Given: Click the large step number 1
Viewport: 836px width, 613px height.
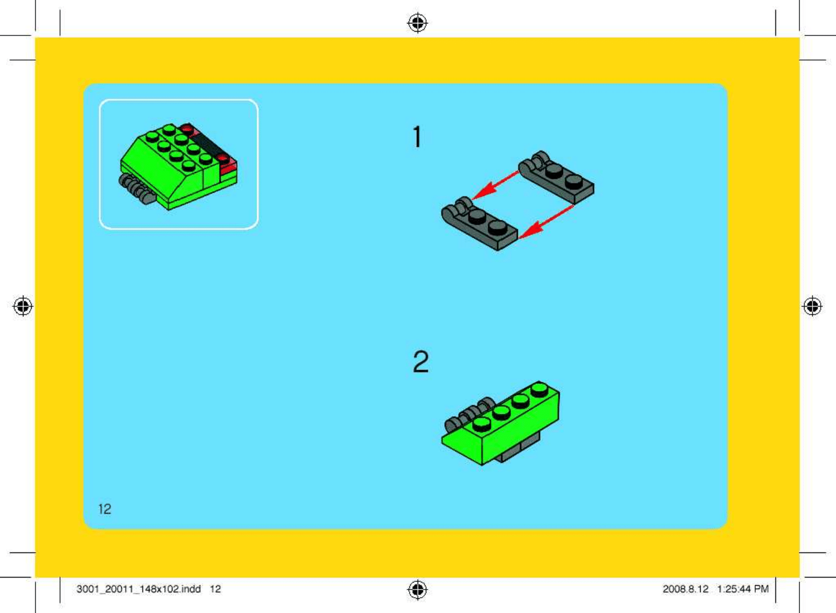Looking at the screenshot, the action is [x=417, y=137].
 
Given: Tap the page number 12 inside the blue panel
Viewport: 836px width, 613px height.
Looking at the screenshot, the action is [x=105, y=509].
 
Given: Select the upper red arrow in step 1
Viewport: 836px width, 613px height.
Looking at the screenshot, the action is [x=495, y=185].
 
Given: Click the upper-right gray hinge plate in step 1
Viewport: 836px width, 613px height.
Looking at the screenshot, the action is [x=557, y=178].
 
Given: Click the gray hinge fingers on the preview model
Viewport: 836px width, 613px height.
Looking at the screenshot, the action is [x=137, y=188].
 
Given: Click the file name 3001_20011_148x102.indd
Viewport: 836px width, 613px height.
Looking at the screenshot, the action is [x=139, y=589].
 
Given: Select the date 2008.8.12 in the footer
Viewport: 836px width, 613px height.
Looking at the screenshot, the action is [x=685, y=589].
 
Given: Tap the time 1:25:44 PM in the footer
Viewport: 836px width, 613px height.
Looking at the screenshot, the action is [x=743, y=589].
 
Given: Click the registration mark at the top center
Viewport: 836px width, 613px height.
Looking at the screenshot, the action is [x=417, y=23].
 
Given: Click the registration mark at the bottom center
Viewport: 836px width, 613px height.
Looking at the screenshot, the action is [x=417, y=590].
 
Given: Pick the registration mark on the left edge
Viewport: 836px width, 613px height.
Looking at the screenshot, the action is [x=23, y=306].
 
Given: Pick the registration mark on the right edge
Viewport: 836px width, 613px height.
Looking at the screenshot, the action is [x=813, y=306].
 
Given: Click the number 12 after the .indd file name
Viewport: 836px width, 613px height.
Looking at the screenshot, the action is [x=216, y=589].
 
